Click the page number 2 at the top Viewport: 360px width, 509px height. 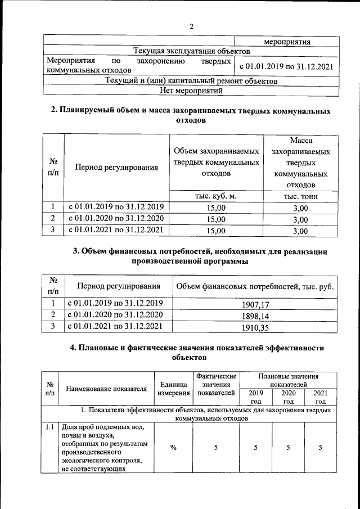[x=191, y=26]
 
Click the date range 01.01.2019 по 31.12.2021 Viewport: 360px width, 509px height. [x=286, y=66]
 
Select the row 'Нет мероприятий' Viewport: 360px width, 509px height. [x=191, y=89]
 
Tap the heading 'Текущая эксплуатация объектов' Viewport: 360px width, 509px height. [x=191, y=51]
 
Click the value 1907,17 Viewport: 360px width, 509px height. [x=255, y=304]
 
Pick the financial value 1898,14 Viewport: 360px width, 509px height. [x=255, y=316]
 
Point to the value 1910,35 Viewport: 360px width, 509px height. [x=255, y=327]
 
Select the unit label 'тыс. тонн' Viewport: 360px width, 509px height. [x=300, y=196]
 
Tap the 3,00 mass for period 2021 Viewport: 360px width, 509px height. [x=300, y=230]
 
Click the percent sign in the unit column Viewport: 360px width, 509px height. [x=173, y=447]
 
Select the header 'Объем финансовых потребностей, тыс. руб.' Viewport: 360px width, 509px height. [x=255, y=287]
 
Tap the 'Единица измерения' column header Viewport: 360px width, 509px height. [x=173, y=388]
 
